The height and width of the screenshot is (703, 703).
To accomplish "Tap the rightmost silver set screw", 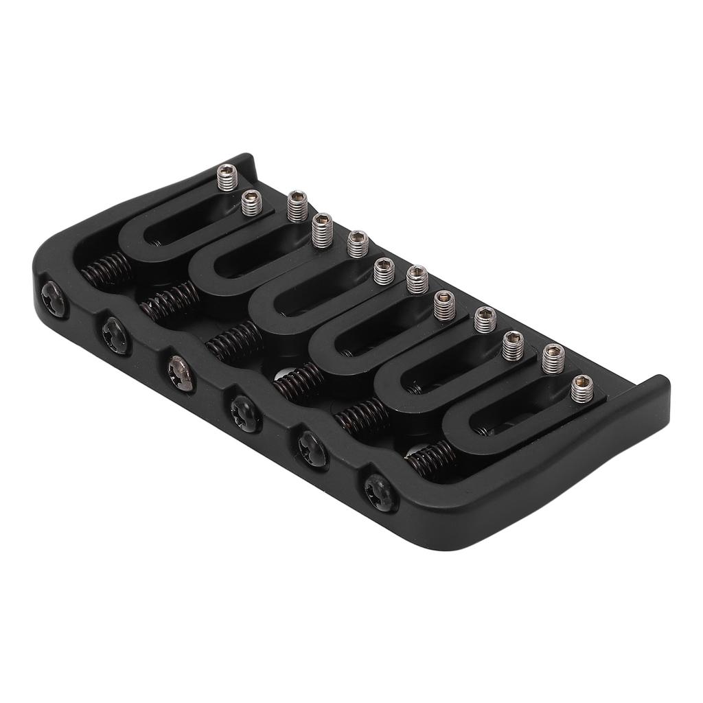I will [582, 389].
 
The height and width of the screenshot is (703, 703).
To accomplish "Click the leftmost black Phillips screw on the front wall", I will [54, 299].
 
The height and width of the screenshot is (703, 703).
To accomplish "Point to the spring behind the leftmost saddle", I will [106, 269].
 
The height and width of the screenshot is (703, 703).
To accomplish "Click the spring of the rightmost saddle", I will [433, 459].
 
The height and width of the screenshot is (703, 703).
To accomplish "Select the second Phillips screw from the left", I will [115, 336].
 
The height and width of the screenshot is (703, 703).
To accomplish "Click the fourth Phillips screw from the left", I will [245, 413].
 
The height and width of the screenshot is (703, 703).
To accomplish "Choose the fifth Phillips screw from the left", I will [312, 450].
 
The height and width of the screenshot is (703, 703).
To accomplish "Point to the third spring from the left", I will [233, 341].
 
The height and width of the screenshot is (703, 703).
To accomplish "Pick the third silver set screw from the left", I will [297, 206].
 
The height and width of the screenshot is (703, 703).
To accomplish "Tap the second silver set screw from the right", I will [553, 358].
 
